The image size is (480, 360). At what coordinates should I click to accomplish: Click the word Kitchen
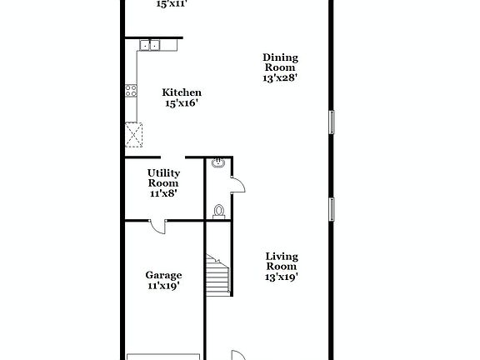181,92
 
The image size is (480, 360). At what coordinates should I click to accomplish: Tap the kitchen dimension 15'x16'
181,104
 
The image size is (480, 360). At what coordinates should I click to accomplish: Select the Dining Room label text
281,62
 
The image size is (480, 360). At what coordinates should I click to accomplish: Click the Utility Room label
163,177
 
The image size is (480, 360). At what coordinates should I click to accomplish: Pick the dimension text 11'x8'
163,193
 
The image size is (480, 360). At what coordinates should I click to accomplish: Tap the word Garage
163,275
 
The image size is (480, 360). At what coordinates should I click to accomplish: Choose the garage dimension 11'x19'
163,286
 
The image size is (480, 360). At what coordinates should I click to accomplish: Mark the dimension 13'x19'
282,277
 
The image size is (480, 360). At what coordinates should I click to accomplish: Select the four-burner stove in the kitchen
131,90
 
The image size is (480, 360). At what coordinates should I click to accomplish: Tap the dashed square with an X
133,133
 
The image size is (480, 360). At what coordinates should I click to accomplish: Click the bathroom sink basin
217,163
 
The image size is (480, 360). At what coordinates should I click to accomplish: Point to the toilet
218,211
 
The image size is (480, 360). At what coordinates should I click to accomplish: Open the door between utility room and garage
157,226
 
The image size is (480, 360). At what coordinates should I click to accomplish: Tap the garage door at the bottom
163,357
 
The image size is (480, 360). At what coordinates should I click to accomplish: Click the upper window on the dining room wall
332,122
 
